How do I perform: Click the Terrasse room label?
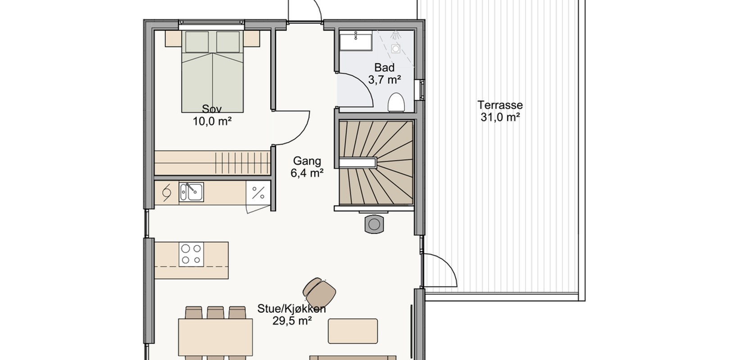click(x=500, y=105)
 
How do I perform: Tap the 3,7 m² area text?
click(x=385, y=80)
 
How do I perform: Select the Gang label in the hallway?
click(x=307, y=161)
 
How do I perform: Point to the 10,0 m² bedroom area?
click(x=212, y=121)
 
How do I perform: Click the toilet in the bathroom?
click(x=396, y=102)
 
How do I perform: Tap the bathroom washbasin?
click(x=356, y=41)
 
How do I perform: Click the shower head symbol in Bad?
click(x=396, y=35)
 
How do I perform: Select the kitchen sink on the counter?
click(x=191, y=192)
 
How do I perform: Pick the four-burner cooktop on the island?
click(x=191, y=254)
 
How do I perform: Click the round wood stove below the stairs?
click(x=374, y=224)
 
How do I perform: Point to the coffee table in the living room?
click(x=353, y=331)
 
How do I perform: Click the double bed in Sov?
click(x=213, y=72)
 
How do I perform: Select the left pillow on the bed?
click(x=197, y=42)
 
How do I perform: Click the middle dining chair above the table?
click(x=216, y=313)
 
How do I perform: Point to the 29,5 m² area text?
click(x=292, y=321)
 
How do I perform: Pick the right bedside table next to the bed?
click(x=252, y=39)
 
